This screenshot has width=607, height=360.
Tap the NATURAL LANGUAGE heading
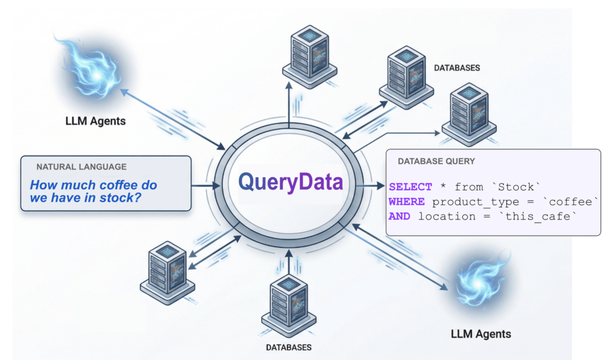point(81,167)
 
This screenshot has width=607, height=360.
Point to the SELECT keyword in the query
point(410,187)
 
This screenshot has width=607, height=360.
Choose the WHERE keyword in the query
point(407,202)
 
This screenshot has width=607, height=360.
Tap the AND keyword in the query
point(400,216)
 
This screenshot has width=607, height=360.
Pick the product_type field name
point(468,202)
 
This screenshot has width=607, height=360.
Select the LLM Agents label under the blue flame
point(95,122)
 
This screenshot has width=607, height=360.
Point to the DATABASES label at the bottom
point(288,347)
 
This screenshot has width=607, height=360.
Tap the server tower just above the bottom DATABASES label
point(288,299)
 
